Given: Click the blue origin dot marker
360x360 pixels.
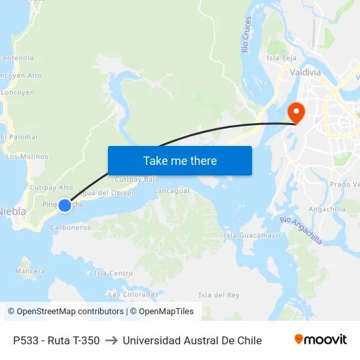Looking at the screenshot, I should click(65, 206).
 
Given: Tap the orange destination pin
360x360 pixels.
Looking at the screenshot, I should click(296, 113).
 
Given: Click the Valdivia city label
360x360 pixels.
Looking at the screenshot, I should click(305, 72).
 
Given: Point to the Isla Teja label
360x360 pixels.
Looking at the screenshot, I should click(281, 58).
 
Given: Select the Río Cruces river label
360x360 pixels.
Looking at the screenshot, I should click(246, 35).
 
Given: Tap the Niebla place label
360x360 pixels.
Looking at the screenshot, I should click(12, 211).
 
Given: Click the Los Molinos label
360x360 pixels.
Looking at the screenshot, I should click(27, 156).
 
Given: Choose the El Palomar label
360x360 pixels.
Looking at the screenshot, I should click(20, 137).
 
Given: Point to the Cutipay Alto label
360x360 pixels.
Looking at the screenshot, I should click(51, 187).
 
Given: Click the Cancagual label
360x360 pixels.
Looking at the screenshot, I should click(171, 191).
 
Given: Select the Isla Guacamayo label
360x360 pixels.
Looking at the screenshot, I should click(252, 235).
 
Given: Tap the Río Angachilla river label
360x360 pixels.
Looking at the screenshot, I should click(300, 230).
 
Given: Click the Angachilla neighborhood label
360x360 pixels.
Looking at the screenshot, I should click(327, 209).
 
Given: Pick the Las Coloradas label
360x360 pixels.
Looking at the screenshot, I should click(133, 294).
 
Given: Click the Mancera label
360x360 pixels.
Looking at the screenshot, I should click(30, 270).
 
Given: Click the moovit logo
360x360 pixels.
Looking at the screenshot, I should click(321, 340).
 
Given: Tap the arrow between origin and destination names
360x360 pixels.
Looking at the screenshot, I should click(111, 340).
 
